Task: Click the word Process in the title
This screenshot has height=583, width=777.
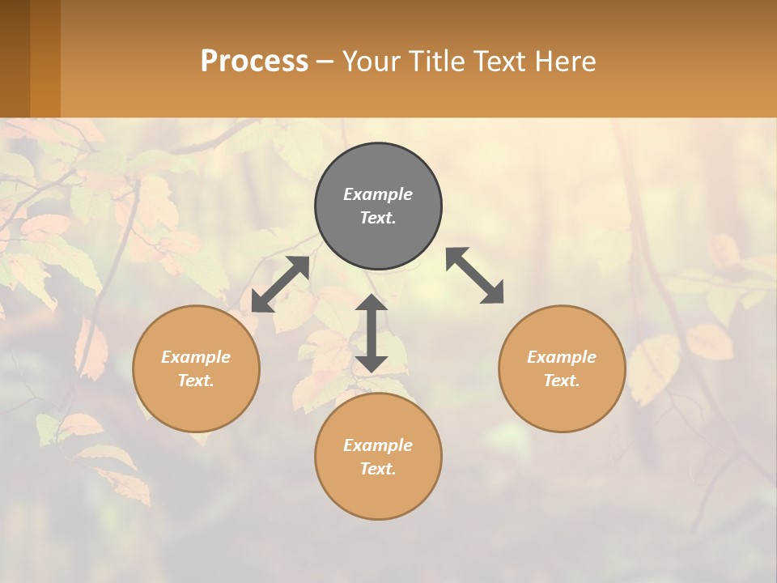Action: (x=254, y=62)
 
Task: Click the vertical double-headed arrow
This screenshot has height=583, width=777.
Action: (x=372, y=334)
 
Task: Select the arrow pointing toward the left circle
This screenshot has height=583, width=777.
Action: (x=280, y=284)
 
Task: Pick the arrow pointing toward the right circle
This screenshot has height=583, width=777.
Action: (x=475, y=275)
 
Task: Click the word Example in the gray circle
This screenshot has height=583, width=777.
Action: (x=378, y=194)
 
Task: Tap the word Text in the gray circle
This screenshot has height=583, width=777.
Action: (x=378, y=218)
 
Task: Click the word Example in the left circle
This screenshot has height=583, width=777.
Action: (x=196, y=357)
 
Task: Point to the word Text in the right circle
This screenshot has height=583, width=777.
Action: (x=562, y=381)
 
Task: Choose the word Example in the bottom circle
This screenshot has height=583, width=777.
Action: (x=378, y=445)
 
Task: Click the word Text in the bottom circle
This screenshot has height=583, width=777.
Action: (x=378, y=469)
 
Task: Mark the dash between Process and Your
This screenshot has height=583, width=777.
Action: (x=325, y=62)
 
